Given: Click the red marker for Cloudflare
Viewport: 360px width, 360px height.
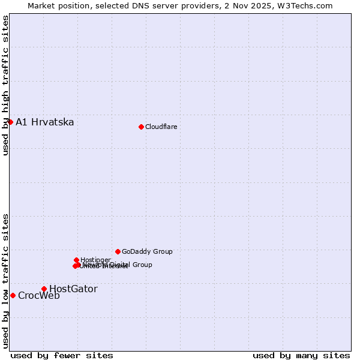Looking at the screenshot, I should tap(141, 127).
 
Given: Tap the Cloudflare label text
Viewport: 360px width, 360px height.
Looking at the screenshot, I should tap(161, 127).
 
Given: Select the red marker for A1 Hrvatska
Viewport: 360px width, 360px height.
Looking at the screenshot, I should tap(10, 122).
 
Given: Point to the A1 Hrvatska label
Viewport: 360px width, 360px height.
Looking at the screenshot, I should tap(44, 122).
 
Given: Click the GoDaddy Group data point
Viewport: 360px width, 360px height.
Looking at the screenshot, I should tap(118, 251).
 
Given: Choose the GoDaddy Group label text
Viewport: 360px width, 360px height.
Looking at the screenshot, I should tap(147, 252).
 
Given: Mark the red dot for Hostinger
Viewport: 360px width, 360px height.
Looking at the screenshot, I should tap(76, 260).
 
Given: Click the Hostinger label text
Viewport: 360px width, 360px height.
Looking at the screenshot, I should tap(95, 260).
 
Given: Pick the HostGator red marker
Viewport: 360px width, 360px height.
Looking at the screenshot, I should tap(44, 289).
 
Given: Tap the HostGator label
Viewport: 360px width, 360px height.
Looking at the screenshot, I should tap(73, 289).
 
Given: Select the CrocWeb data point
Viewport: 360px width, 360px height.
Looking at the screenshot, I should tap(13, 295).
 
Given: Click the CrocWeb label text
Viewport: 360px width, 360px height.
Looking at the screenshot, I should tap(39, 296).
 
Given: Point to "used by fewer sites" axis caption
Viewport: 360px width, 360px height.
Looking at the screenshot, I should tap(62, 355).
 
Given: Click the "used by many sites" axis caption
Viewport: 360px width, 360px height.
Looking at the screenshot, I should tap(301, 355).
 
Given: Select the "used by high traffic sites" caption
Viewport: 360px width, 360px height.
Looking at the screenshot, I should tap(5, 85).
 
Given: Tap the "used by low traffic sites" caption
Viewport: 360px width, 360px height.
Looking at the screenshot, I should tap(5, 281).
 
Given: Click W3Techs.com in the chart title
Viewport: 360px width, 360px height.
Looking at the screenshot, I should tap(307, 5).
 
